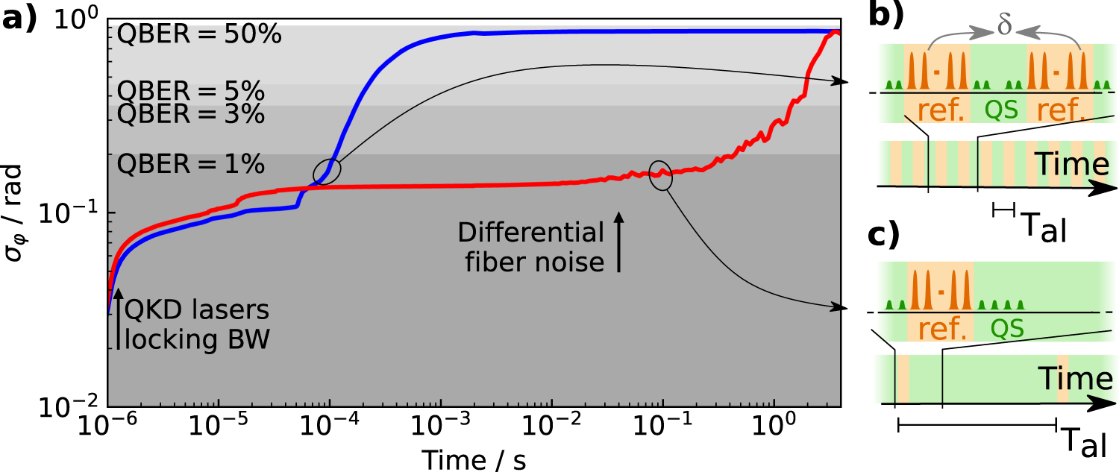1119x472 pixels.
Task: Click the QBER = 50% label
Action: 198,35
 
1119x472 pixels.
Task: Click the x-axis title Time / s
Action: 474,459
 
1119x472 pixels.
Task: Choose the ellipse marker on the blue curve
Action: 327,172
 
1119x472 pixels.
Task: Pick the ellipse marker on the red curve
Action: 660,176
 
